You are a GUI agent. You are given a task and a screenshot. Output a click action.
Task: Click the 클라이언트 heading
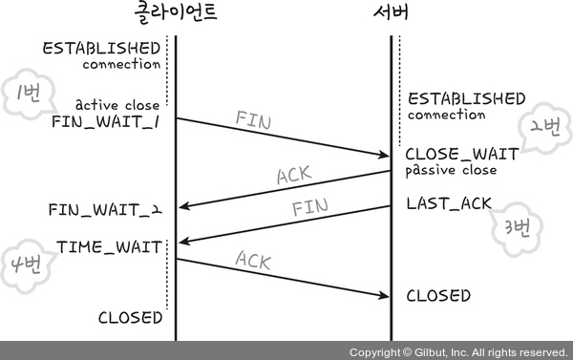[176, 12]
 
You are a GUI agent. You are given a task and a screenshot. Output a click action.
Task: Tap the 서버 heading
[391, 12]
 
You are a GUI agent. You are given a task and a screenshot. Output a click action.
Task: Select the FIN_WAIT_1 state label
[106, 121]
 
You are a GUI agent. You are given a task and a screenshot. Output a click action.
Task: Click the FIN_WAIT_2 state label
[105, 210]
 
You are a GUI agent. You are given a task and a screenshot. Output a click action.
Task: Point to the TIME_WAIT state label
[109, 247]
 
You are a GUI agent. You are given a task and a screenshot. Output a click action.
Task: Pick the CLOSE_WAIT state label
[462, 154]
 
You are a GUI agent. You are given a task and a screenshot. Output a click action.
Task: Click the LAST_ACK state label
[449, 203]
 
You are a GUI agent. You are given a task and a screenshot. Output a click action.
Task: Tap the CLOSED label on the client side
[131, 318]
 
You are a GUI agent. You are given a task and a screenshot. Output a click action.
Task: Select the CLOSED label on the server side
[438, 296]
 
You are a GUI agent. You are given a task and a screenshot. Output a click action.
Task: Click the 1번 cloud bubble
[30, 94]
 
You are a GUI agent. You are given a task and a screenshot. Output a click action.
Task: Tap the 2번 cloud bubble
[544, 128]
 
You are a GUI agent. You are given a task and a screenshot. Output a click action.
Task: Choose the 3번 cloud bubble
[517, 229]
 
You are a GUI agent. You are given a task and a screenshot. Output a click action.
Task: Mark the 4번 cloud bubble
[28, 265]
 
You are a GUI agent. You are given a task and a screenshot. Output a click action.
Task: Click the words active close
[117, 105]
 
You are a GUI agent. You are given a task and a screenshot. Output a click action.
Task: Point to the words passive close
[452, 171]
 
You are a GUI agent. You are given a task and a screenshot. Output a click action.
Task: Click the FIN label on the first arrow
[253, 120]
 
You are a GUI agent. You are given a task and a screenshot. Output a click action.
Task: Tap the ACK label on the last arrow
[253, 261]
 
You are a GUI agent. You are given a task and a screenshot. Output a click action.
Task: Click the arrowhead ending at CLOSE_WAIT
[384, 155]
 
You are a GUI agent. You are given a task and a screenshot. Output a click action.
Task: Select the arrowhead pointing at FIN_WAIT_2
[184, 206]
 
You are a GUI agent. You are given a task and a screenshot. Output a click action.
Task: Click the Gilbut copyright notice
[458, 352]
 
